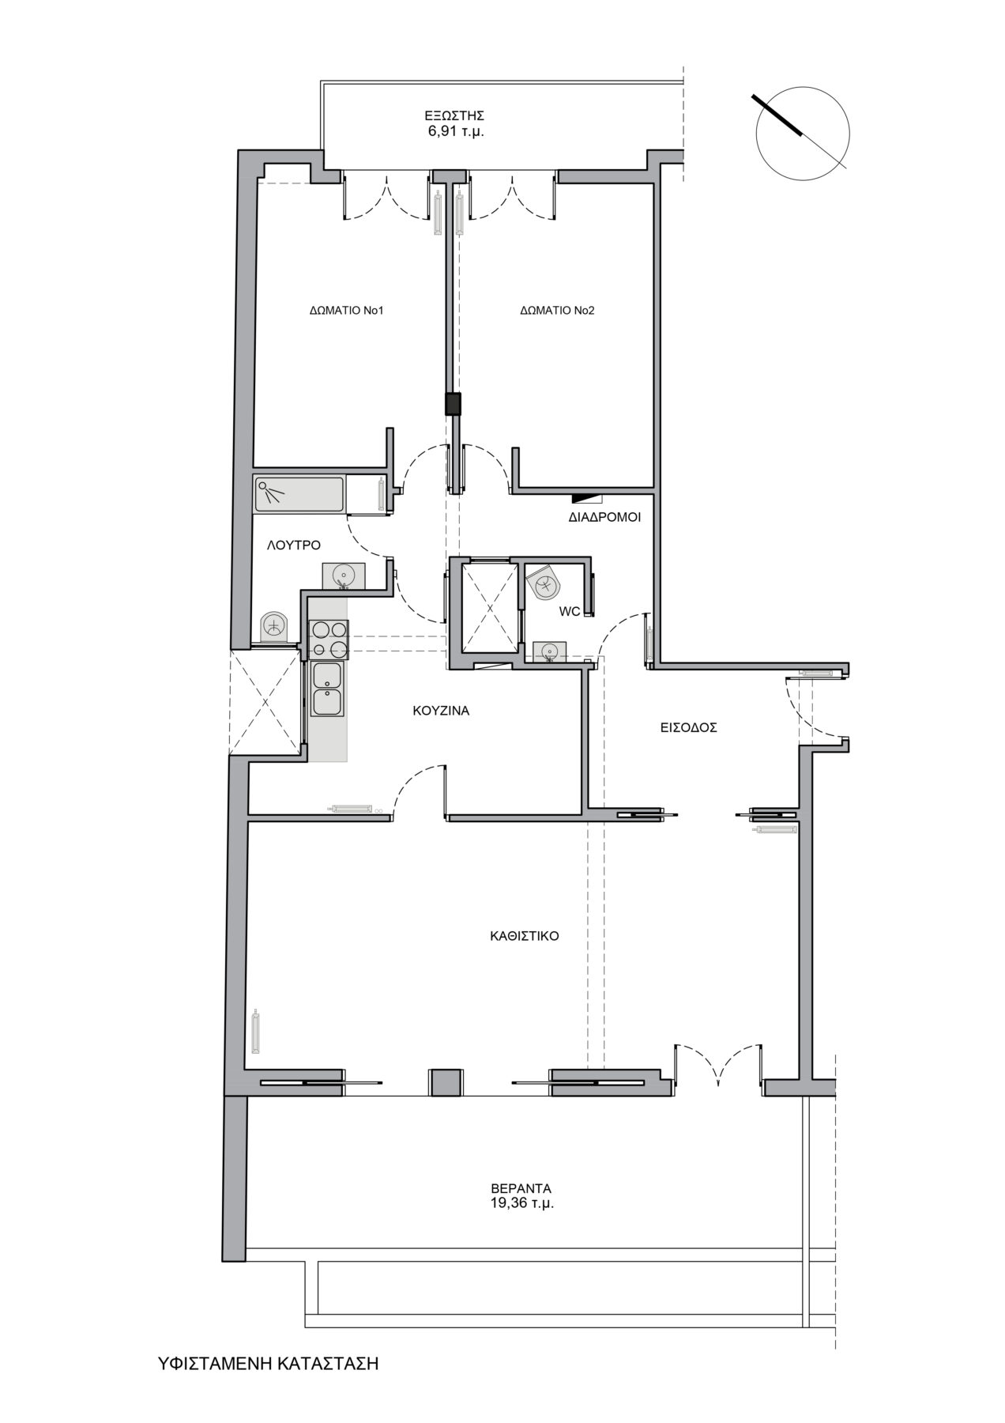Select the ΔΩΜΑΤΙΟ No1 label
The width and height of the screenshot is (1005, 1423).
point(346,311)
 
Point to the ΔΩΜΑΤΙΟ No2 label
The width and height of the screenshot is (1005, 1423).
point(557,311)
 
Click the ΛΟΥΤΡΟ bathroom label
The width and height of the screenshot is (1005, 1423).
point(293,545)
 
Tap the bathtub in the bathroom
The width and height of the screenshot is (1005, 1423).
point(299,493)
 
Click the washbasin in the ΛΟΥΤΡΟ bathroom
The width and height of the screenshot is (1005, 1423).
point(342,576)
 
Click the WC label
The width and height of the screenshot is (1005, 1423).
point(570,612)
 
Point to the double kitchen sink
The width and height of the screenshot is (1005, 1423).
point(327,689)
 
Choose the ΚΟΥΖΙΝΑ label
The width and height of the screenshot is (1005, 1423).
point(441,711)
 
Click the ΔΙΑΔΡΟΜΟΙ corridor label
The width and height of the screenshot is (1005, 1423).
point(604,519)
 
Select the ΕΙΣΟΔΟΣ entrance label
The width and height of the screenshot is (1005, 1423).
point(689,728)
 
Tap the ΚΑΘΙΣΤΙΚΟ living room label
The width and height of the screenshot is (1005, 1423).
point(525,936)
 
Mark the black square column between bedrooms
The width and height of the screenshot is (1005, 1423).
point(454,404)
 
